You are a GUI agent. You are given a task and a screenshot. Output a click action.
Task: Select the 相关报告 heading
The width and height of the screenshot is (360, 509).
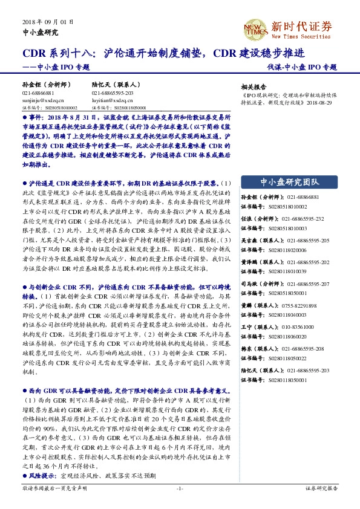(x=253, y=86)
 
